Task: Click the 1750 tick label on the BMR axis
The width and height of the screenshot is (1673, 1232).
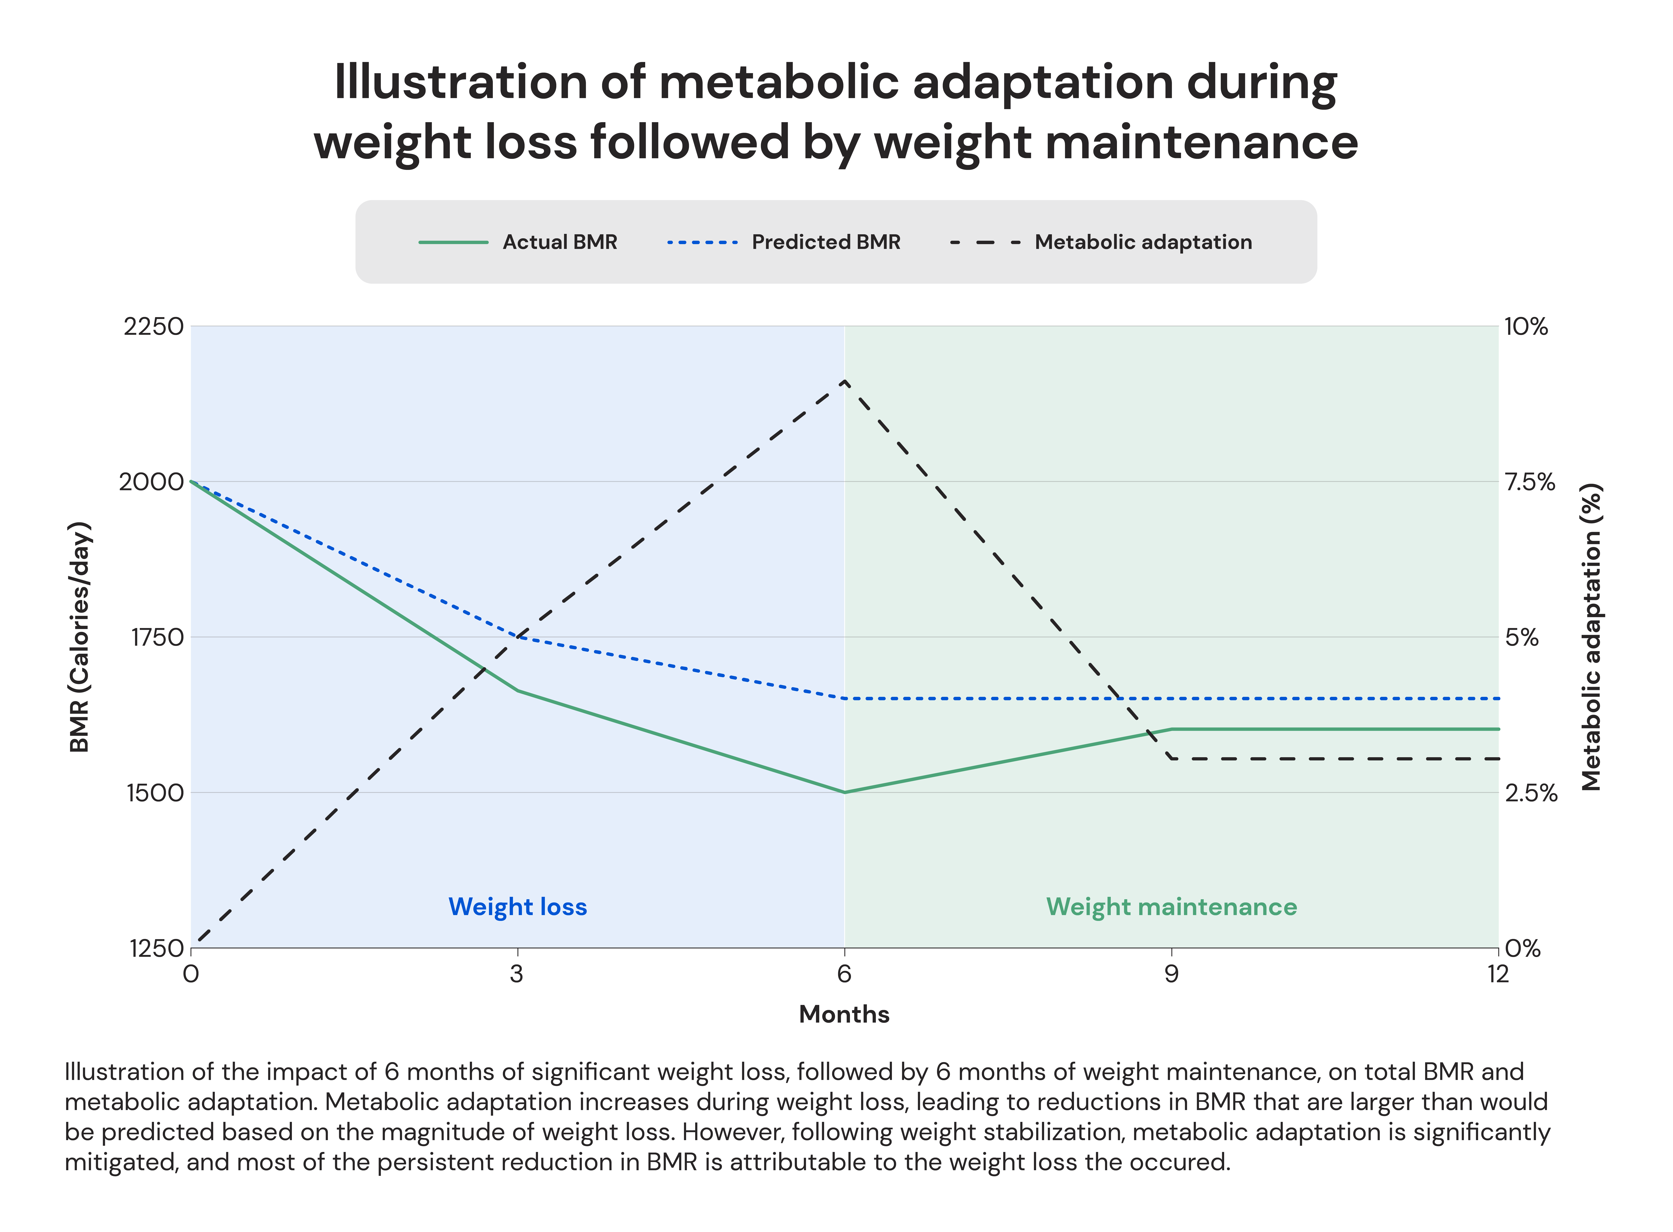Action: (x=157, y=638)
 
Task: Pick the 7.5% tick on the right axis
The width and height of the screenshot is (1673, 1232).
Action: (x=1530, y=482)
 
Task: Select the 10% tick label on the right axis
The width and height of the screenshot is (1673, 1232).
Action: (x=1526, y=327)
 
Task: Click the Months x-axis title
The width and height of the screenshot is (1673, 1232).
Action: (x=844, y=1014)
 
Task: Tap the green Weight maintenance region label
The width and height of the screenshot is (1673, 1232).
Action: (x=1171, y=907)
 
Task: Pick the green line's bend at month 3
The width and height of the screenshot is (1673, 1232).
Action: (x=518, y=691)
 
